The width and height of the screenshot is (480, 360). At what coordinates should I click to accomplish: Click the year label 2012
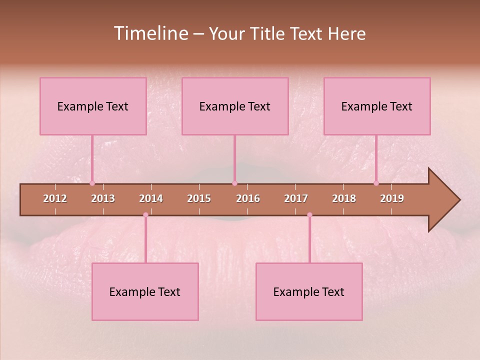tap(55, 198)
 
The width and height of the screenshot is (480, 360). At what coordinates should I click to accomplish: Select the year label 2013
tap(103, 198)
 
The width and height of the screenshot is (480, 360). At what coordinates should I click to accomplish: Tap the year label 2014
tap(151, 198)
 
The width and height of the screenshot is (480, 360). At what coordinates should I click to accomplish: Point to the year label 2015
tap(199, 198)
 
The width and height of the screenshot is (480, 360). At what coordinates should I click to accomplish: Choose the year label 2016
tap(248, 198)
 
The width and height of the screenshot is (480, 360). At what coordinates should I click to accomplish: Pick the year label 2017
tap(296, 198)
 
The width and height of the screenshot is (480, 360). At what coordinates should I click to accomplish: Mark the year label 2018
tap(344, 198)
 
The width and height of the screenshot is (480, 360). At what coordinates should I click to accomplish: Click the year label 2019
tap(392, 198)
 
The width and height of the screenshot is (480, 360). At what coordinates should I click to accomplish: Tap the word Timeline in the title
tap(150, 33)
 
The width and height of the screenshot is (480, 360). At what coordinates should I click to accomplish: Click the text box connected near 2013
tap(93, 106)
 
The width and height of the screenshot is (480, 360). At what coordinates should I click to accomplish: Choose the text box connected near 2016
tap(235, 106)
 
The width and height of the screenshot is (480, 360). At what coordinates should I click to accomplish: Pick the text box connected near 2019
tap(377, 106)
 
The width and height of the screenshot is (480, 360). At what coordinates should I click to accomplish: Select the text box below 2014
tap(145, 291)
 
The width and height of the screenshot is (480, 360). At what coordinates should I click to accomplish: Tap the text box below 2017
tap(309, 291)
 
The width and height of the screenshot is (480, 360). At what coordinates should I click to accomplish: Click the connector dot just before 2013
tap(92, 183)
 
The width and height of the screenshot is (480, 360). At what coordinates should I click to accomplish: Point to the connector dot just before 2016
tap(234, 183)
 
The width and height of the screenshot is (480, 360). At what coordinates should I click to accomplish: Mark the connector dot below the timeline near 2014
tap(145, 215)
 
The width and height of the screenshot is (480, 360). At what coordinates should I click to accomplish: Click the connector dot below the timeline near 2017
tap(309, 215)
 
